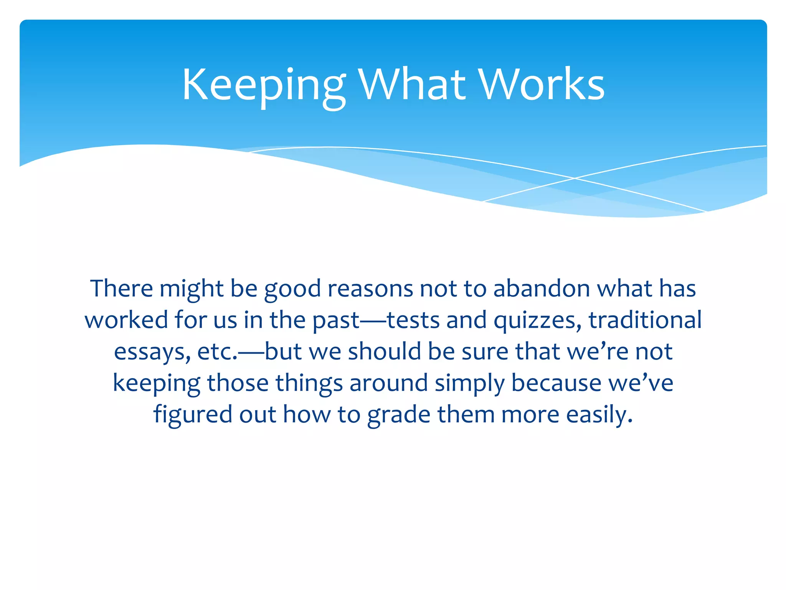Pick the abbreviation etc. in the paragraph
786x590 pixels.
click(217, 352)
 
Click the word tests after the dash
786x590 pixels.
click(413, 320)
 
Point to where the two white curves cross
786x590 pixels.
click(574, 178)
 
